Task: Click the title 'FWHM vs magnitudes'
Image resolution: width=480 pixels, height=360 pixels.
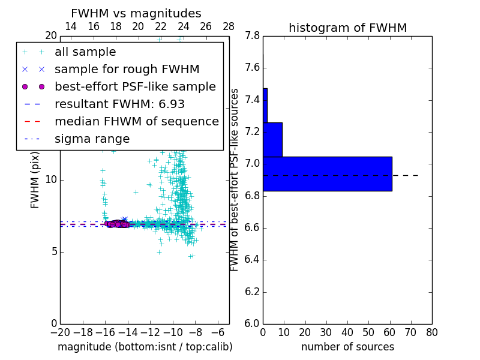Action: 136,13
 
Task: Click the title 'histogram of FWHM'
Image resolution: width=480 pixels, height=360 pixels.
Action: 347,28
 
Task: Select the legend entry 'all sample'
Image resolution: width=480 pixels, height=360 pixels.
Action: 85,52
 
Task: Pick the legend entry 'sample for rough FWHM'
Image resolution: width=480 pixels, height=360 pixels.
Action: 127,70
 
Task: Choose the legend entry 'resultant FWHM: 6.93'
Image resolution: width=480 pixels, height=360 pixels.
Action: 119,104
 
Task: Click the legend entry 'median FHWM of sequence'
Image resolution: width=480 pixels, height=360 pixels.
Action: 136,122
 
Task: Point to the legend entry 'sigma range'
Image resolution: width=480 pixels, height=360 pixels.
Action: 92,139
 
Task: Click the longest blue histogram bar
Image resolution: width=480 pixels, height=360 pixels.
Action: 327,174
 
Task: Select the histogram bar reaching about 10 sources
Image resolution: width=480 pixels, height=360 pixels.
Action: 272,139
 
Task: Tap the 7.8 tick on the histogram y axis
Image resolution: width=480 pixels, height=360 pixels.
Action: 253,36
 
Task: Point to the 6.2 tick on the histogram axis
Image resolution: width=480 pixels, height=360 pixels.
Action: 253,292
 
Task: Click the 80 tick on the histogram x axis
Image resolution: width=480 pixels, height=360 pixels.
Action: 432,332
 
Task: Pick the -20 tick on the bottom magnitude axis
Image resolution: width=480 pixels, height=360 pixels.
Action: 60,332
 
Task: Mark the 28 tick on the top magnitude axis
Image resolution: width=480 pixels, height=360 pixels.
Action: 229,26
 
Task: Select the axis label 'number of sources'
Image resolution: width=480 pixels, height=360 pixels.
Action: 347,347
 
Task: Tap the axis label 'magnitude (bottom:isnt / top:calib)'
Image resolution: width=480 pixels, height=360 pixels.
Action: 145,347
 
